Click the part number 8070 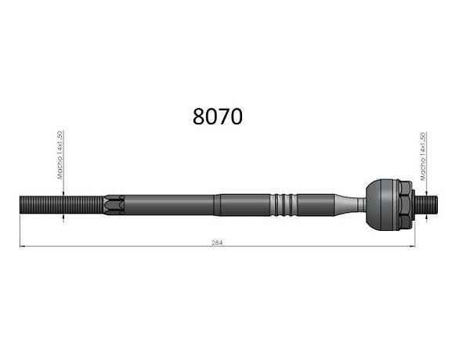[217, 117]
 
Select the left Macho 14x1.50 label [60, 155]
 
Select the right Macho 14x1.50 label [423, 157]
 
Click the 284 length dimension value [217, 243]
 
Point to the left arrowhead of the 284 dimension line [22, 247]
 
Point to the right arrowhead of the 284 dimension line [413, 247]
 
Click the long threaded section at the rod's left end [61, 205]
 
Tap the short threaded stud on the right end [426, 204]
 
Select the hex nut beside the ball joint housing [405, 205]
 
